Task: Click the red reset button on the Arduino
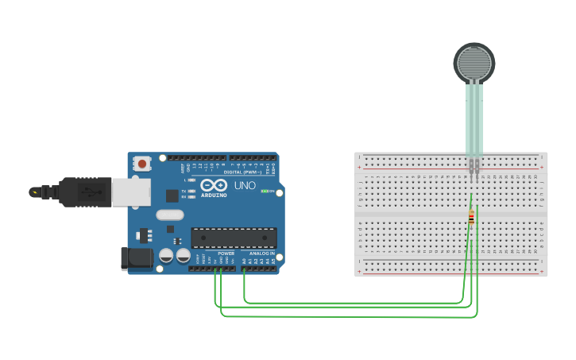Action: coord(142,164)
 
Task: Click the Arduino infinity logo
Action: coord(215,184)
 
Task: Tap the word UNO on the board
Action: coord(245,185)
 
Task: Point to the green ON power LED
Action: coord(265,191)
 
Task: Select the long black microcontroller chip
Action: coord(234,237)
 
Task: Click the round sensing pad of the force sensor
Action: coord(474,62)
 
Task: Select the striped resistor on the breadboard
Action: coord(471,217)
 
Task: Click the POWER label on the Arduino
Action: coord(226,254)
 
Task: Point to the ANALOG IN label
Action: coord(261,254)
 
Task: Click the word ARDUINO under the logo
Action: coord(215,195)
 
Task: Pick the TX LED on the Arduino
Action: coord(191,192)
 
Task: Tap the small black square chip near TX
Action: coord(172,195)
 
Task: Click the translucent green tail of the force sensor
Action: coord(474,119)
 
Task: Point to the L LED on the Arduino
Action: coord(191,180)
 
